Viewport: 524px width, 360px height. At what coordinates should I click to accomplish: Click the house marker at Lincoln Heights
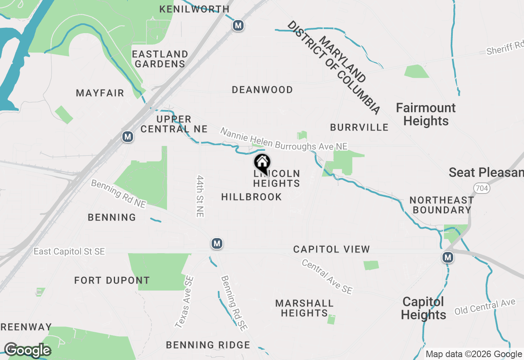(262, 163)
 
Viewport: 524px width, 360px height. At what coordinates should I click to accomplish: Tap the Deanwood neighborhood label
(262, 90)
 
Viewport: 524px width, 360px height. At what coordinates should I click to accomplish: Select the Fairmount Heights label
(426, 115)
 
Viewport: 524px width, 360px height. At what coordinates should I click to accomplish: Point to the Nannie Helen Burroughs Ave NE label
(284, 139)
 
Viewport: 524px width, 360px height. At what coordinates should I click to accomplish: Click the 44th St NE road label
(200, 196)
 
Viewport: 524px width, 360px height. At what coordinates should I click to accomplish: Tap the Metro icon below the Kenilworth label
(238, 26)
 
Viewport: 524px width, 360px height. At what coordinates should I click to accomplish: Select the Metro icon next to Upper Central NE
(128, 136)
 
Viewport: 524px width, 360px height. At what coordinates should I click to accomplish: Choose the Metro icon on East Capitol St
(217, 244)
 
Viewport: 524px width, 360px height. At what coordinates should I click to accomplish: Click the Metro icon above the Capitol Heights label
(448, 257)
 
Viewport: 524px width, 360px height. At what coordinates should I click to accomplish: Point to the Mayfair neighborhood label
(100, 93)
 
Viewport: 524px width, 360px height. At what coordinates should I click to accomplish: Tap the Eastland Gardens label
(160, 59)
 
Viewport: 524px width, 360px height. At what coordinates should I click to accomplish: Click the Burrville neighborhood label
(359, 127)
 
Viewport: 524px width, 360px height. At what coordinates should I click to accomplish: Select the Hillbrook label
(251, 197)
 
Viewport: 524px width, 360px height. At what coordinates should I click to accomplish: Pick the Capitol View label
(332, 249)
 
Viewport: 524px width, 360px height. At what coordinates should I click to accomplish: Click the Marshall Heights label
(304, 308)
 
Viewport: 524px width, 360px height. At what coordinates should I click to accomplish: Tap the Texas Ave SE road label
(185, 302)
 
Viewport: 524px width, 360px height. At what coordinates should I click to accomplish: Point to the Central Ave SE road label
(327, 277)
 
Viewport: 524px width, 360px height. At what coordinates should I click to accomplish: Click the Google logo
(27, 350)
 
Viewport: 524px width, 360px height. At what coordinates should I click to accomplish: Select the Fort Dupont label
(112, 281)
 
